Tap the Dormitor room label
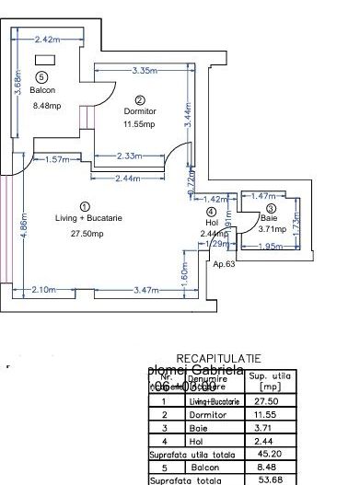pyautogui.click(x=141, y=110)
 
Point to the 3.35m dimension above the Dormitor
pyautogui.click(x=142, y=71)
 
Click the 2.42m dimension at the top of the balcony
pyautogui.click(x=46, y=40)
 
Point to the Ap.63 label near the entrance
pyautogui.click(x=226, y=264)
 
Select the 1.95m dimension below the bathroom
pyautogui.click(x=269, y=246)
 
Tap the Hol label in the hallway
pyautogui.click(x=213, y=222)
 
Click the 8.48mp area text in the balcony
pyautogui.click(x=45, y=105)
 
